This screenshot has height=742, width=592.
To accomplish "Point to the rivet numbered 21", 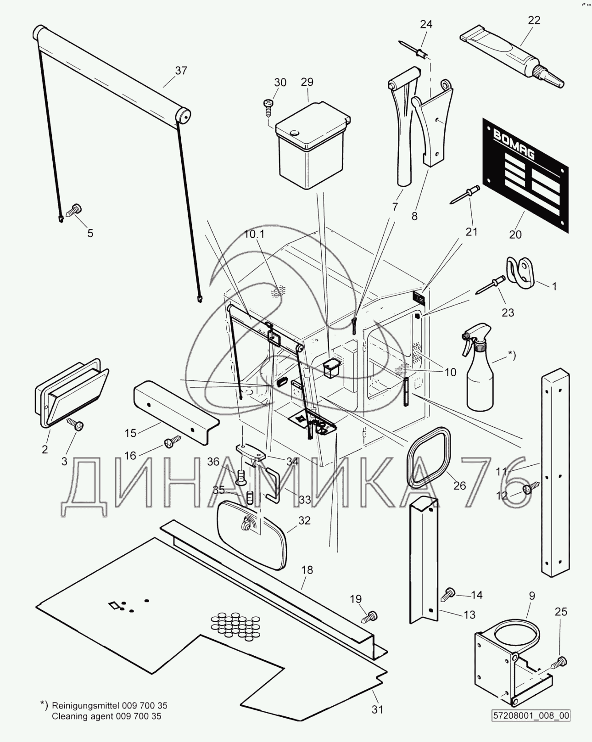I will (x=464, y=194).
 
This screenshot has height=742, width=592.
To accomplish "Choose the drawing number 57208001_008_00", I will (x=531, y=715).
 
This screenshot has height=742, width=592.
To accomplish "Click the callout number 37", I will (x=181, y=70).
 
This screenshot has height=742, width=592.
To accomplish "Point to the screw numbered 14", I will (x=448, y=594).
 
